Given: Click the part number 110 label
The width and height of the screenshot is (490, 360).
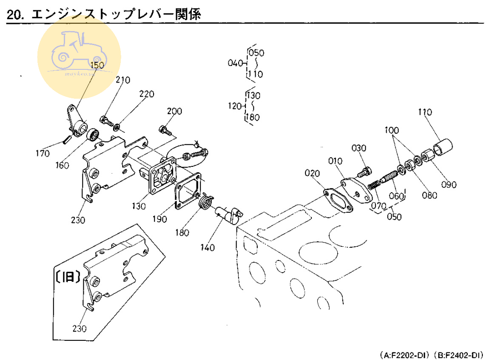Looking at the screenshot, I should pos(424,112).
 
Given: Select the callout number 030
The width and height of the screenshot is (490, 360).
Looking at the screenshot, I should pos(359,148).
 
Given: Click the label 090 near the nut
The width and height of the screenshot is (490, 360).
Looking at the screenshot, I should pos(448,185).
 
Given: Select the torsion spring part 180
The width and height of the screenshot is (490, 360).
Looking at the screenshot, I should pos(207,201).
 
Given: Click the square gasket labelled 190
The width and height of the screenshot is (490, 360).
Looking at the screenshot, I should pos(187,194).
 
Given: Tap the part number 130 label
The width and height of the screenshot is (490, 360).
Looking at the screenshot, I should pos(139,206).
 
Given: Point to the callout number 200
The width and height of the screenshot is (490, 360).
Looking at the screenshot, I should pos(174,111).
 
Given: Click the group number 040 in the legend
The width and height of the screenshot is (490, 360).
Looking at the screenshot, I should pos(235,63).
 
